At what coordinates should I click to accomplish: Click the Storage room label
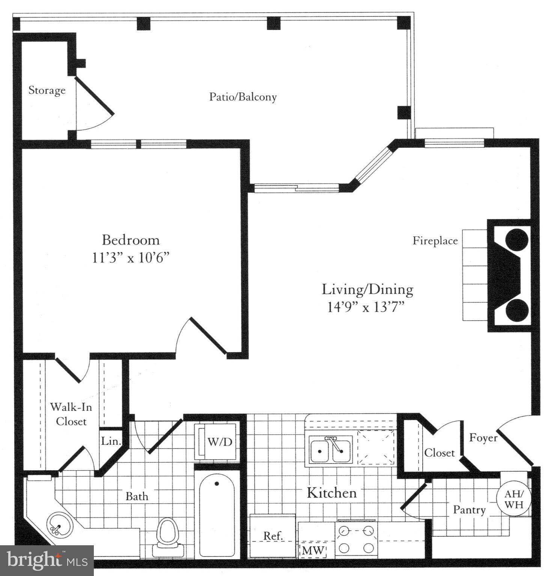coord(47,90)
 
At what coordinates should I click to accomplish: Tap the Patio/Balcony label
coord(243,97)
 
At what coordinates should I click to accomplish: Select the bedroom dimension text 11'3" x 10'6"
coord(131,258)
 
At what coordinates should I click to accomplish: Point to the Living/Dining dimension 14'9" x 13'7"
coord(366,307)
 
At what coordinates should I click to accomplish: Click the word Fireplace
coord(435,241)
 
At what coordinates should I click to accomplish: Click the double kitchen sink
coord(330,450)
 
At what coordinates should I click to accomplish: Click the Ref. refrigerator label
coord(273,536)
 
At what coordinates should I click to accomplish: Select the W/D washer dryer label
coord(220,442)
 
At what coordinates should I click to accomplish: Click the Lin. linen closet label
coord(111,441)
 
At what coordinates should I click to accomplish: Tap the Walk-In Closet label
coord(71,414)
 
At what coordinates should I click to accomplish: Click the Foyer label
coord(483,438)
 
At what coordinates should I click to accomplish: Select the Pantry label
coord(469,510)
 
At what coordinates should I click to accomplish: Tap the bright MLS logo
coord(47,560)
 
